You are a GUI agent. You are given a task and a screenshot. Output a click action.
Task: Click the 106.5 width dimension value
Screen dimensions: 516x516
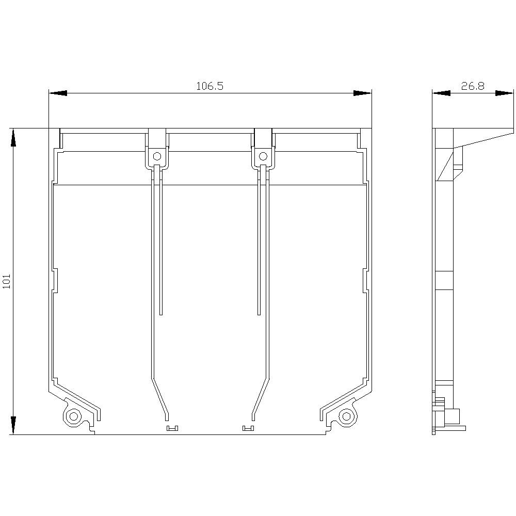209,86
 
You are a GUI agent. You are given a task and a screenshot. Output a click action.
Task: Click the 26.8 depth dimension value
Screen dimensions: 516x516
473,86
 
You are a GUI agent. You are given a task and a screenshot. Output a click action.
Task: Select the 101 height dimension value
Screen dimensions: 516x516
7,281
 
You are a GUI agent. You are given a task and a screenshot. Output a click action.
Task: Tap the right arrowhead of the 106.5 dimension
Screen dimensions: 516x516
362,93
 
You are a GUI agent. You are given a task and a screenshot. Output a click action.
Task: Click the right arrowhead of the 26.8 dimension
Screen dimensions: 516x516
505,93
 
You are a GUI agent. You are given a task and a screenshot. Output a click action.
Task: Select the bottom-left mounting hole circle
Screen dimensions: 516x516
73,416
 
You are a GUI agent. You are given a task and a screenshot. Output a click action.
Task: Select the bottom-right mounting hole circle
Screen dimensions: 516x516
346,416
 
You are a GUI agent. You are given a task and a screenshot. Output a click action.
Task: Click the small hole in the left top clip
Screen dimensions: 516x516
157,156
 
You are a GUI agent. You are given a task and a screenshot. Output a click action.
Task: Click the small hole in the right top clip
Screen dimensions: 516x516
263,156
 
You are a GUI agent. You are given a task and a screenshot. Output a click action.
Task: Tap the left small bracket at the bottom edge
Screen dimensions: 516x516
172,428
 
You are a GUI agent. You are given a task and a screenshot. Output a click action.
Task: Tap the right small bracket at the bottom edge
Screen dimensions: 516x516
248,428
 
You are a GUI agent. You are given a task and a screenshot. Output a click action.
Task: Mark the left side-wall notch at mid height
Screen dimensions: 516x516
55,281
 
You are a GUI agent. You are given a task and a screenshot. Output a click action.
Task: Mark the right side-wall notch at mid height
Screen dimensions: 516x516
365,281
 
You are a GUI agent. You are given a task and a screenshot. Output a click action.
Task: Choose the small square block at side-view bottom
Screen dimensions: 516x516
453,416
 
